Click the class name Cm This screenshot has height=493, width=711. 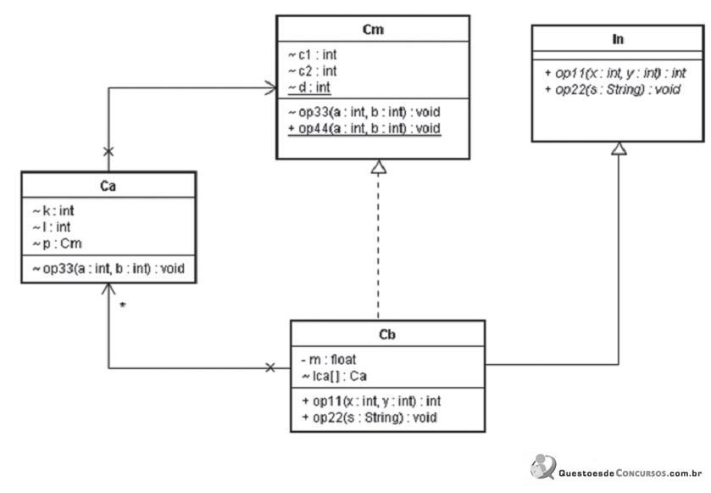(x=373, y=30)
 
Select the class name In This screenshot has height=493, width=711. (x=618, y=39)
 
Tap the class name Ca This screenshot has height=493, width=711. (x=108, y=186)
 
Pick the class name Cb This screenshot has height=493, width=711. (x=387, y=334)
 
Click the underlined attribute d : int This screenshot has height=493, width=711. (x=309, y=87)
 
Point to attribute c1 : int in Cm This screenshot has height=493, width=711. (x=313, y=54)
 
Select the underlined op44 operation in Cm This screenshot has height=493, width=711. (x=364, y=128)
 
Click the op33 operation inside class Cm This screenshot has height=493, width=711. (x=364, y=112)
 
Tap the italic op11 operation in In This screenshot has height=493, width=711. (x=615, y=73)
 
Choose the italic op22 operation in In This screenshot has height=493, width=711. (x=612, y=89)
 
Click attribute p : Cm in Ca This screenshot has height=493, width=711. (x=57, y=244)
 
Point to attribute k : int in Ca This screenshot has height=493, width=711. (x=53, y=210)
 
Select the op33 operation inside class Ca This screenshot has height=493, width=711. (x=108, y=269)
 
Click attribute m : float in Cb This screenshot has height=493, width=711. (x=329, y=360)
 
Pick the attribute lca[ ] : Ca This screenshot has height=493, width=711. (x=334, y=376)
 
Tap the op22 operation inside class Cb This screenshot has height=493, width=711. (x=369, y=417)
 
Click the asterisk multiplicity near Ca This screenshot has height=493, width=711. (x=122, y=305)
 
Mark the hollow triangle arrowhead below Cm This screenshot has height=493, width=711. (x=379, y=166)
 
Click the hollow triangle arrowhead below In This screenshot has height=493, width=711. (x=619, y=148)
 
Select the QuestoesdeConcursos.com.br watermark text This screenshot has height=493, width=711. (x=630, y=473)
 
